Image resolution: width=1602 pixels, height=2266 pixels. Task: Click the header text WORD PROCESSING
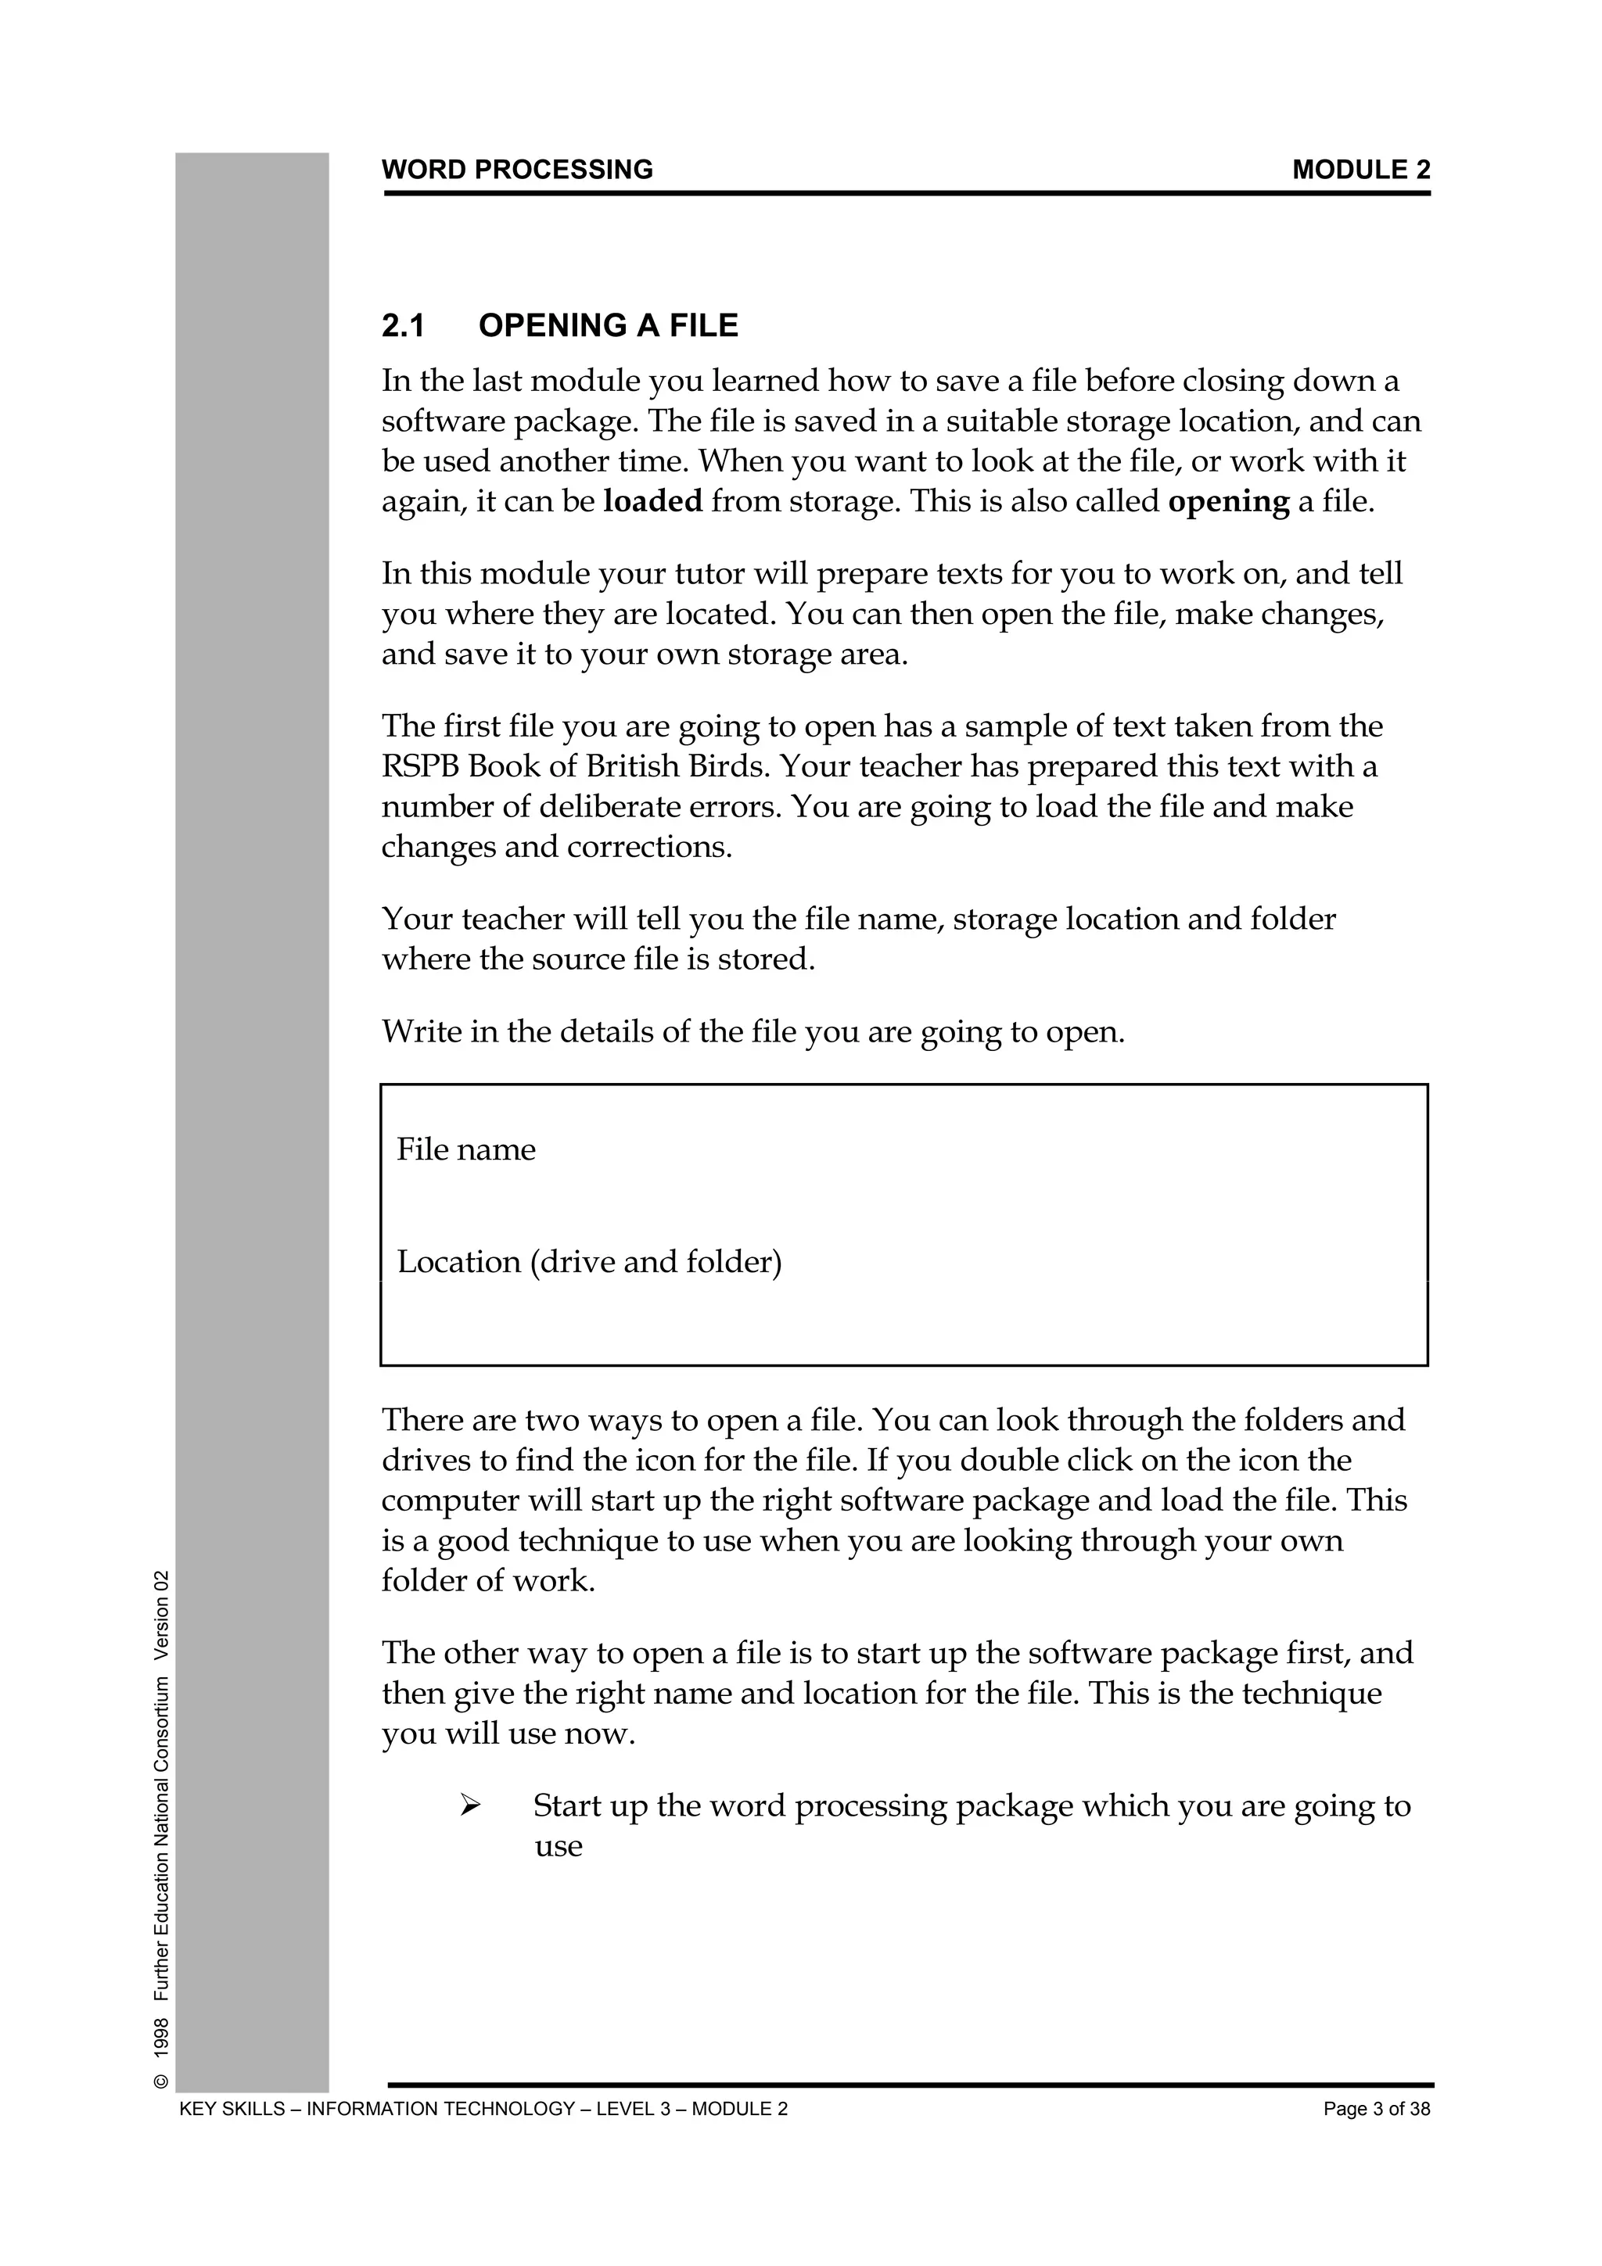tap(517, 170)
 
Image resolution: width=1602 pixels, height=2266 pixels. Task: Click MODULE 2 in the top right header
tap(1360, 170)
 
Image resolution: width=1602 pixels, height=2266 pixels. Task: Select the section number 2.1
tap(403, 326)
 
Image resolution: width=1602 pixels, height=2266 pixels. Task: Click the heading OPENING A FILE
tap(608, 326)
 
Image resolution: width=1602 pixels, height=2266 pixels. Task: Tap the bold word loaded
tap(652, 501)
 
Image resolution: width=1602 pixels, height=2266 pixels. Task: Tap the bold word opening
tap(1228, 501)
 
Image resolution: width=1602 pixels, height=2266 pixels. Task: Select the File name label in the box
tap(466, 1149)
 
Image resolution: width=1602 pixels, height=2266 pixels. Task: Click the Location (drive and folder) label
tap(589, 1262)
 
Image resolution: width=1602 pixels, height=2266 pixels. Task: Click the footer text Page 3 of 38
tap(1376, 2110)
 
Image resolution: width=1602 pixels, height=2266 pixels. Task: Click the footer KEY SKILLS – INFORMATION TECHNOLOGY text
tap(483, 2110)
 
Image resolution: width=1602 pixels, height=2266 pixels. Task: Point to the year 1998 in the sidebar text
tap(163, 2038)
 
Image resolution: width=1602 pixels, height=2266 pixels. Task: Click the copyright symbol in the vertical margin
tap(163, 2082)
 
